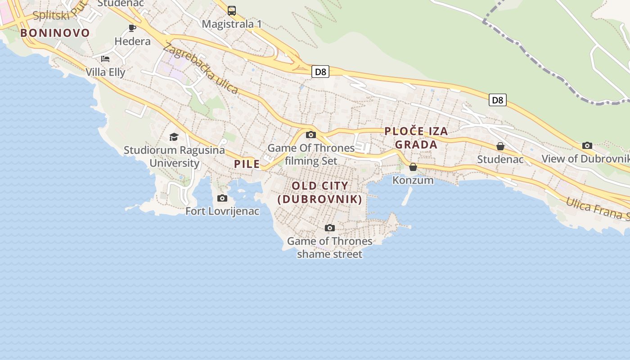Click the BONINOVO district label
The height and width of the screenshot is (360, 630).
tap(55, 33)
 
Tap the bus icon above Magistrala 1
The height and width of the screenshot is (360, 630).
tap(232, 11)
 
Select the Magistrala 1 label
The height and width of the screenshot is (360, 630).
tap(232, 24)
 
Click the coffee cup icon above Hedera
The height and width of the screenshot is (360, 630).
tap(132, 28)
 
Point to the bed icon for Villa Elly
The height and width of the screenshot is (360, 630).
tap(105, 58)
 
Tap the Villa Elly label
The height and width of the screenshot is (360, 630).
tap(105, 72)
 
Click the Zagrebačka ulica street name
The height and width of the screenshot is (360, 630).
tap(201, 68)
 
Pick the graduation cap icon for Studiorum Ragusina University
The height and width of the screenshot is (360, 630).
tap(174, 137)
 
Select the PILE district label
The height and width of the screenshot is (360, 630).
tap(247, 164)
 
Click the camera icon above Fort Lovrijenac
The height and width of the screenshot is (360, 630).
tap(222, 198)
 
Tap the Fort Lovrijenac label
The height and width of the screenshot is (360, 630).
tap(222, 211)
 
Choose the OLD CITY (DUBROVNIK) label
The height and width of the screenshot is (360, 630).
tap(320, 192)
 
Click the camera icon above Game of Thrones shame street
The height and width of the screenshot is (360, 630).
tap(330, 228)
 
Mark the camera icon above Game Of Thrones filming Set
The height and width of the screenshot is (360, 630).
tap(310, 135)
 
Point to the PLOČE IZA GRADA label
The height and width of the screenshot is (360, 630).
tap(416, 138)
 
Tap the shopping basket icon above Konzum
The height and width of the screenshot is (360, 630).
tap(413, 167)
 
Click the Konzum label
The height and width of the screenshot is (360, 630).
tap(413, 180)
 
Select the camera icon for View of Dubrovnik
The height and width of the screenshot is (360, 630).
tap(587, 145)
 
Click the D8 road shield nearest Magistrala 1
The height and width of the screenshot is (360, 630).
tap(320, 72)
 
